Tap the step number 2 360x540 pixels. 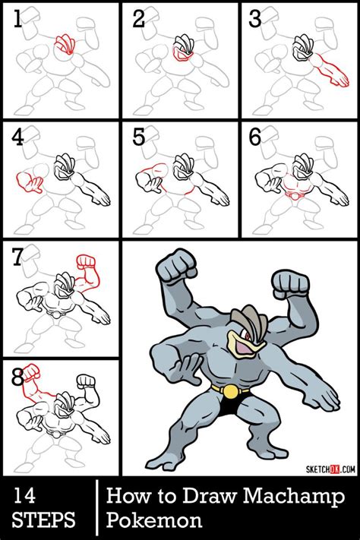click(139, 19)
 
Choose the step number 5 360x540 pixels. click(139, 137)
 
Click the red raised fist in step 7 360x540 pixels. click(86, 267)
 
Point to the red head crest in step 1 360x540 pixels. click(67, 43)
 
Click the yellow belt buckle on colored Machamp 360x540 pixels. click(225, 390)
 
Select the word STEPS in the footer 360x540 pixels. click(44, 521)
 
